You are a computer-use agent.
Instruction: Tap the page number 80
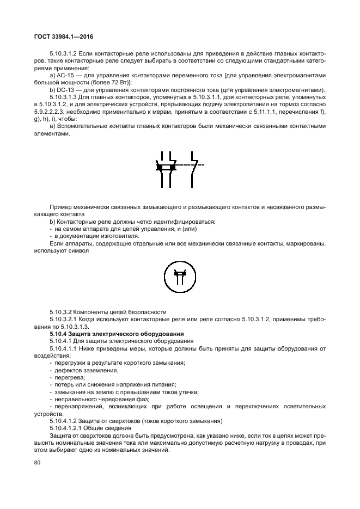(x=37, y=463)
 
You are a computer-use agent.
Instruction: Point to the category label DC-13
(x=65, y=90)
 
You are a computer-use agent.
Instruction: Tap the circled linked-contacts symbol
(x=179, y=274)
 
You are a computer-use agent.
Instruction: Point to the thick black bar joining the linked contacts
(x=165, y=168)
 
